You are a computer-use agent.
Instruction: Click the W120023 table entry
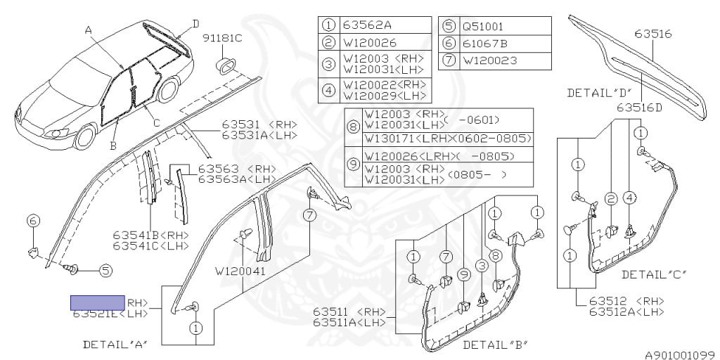coord(489,61)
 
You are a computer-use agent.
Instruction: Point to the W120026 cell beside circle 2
coord(370,44)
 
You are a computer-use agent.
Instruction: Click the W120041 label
coord(241,270)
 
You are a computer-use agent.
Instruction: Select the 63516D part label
coord(640,108)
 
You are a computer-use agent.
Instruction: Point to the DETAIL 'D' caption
coord(599,92)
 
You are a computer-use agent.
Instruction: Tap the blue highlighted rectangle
coord(97,302)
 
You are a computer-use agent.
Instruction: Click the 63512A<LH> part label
coord(627,311)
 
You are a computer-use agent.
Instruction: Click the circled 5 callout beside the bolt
coord(105,269)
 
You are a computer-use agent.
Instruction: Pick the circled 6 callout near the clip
coord(33,221)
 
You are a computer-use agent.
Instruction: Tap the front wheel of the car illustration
coord(85,136)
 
